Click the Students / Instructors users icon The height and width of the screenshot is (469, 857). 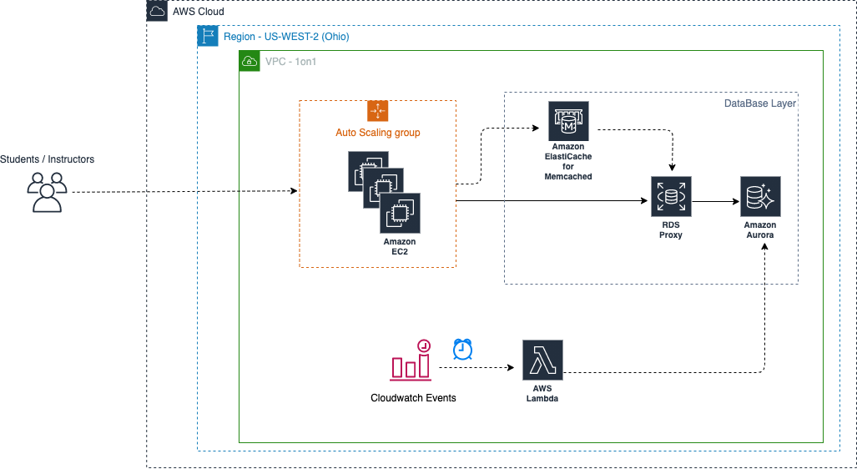coord(47,192)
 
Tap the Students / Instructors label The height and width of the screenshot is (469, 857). coord(47,159)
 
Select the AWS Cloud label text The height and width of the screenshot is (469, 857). coord(198,12)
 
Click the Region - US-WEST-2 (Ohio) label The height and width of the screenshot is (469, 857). coord(285,37)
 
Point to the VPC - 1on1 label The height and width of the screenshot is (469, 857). coord(290,62)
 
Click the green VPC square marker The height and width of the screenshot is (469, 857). coord(250,61)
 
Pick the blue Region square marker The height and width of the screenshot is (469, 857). coord(208,36)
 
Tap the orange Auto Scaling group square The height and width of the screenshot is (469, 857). coord(378,111)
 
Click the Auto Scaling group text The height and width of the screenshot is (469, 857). coord(378,133)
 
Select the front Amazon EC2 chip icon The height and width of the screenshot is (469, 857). coord(400,214)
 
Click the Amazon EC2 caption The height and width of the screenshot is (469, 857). coord(400,247)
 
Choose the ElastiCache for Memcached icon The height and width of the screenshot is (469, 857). coord(568,122)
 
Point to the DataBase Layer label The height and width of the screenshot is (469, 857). coord(759,104)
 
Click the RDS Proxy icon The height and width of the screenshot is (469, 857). coord(671,197)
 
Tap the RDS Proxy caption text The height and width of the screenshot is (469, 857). coord(671,230)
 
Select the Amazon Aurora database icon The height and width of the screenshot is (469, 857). coord(760,197)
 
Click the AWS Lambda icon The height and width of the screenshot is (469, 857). coord(542,361)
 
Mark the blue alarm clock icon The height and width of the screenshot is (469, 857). coord(463,350)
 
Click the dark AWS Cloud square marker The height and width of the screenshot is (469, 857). coord(157,11)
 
